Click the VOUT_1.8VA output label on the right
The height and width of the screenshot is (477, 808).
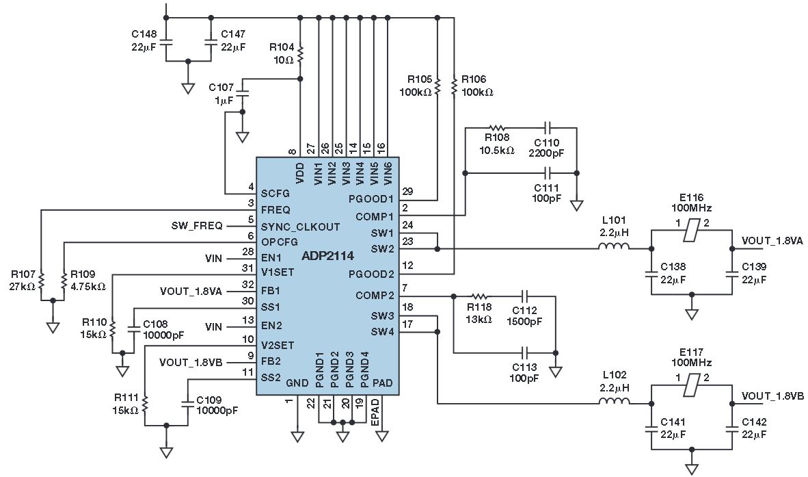(772, 242)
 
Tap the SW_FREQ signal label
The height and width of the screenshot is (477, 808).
(210, 226)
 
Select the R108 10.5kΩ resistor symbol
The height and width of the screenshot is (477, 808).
(497, 128)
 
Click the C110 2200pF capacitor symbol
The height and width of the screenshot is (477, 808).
(547, 128)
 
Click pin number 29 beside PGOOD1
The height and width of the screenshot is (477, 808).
(408, 192)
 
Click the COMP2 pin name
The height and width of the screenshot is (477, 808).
(375, 296)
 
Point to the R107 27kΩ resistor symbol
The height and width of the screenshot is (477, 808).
(41, 281)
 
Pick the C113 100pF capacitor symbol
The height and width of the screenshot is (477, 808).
(526, 353)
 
